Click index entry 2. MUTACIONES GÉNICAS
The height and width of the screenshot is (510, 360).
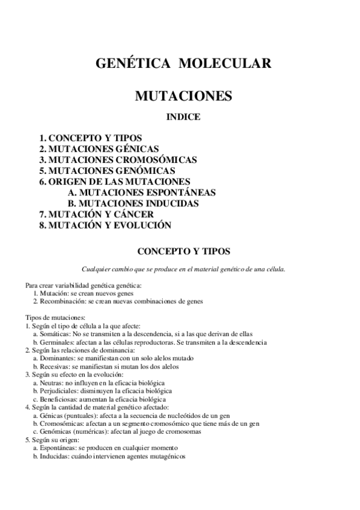[x=99, y=149]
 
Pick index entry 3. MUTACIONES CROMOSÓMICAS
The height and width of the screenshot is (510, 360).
[x=118, y=160]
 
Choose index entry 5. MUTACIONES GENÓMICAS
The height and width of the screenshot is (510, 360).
[x=107, y=171]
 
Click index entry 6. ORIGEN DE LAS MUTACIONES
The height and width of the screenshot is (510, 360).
[x=115, y=182]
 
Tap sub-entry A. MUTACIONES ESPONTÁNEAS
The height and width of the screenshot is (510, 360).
[x=142, y=192]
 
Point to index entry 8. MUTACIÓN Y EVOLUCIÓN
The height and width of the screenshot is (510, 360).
[x=105, y=226]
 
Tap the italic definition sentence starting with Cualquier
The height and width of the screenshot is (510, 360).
[x=183, y=269]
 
